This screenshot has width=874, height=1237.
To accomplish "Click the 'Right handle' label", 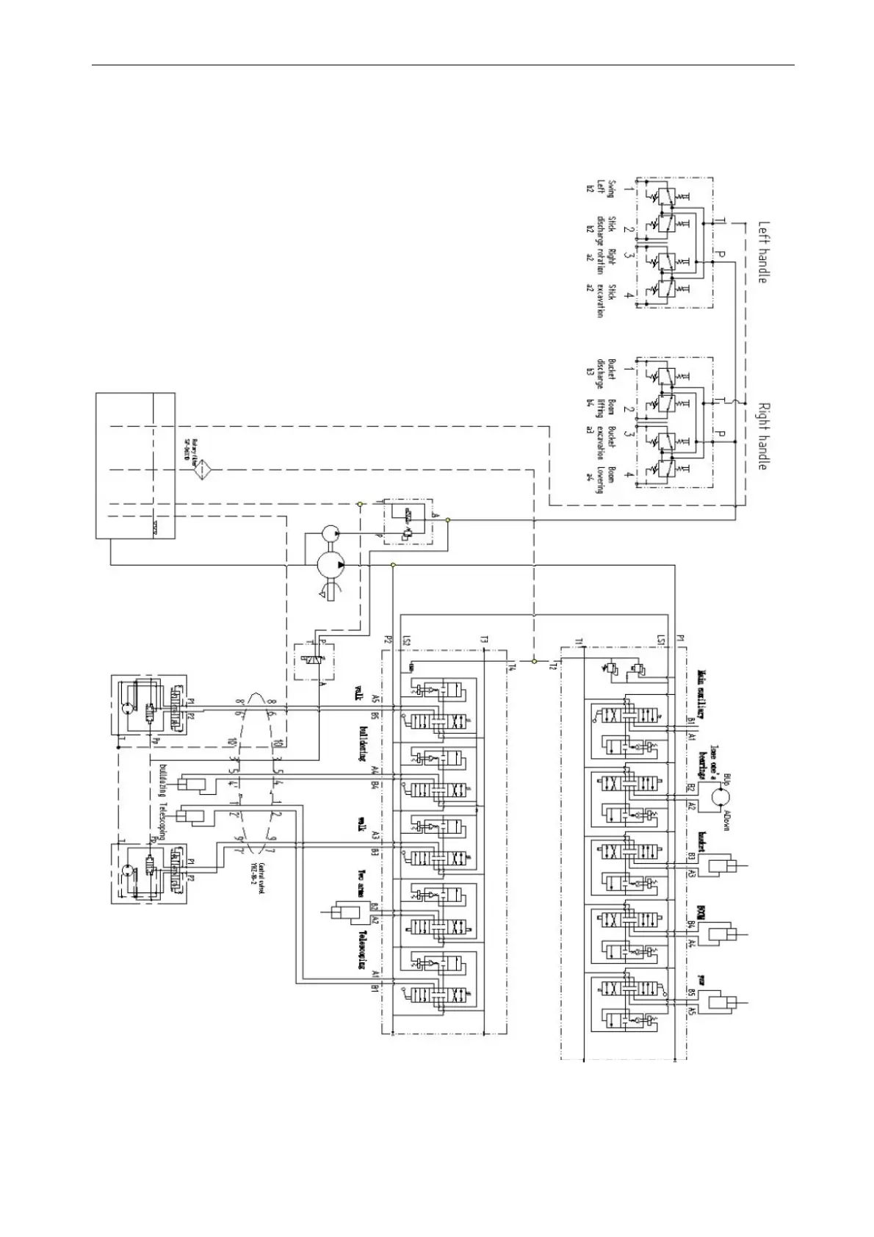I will pos(764,436).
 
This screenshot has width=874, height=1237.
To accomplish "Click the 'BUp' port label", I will pos(727,778).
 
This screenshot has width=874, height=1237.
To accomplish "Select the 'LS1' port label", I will pos(661,641).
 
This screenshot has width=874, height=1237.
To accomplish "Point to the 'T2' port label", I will pos(552,666).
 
